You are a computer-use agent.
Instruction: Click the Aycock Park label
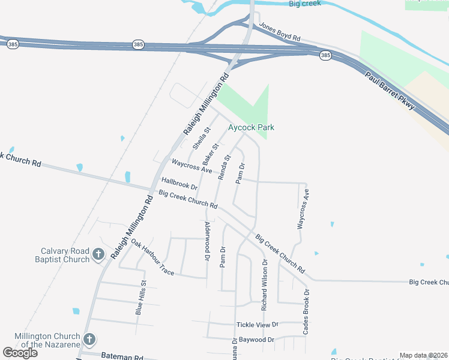pyautogui.click(x=251, y=128)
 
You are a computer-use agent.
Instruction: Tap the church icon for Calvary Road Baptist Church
pyautogui.click(x=98, y=256)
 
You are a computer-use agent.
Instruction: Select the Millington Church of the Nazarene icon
pyautogui.click(x=89, y=340)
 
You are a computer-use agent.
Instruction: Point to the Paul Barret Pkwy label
pyautogui.click(x=390, y=90)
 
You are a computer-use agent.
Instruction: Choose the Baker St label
pyautogui.click(x=209, y=154)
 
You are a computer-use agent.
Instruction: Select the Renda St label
pyautogui.click(x=224, y=168)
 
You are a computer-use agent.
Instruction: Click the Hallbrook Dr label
pyautogui.click(x=179, y=184)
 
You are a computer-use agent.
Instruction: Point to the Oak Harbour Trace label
pyautogui.click(x=152, y=259)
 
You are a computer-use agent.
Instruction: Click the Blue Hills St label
pyautogui.click(x=140, y=298)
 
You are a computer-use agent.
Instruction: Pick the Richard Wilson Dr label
pyautogui.click(x=264, y=284)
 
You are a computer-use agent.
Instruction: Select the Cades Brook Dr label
pyautogui.click(x=307, y=311)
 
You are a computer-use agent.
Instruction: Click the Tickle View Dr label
pyautogui.click(x=258, y=325)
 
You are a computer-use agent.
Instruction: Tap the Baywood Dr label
pyautogui.click(x=255, y=340)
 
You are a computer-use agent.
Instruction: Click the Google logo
pyautogui.click(x=20, y=352)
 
